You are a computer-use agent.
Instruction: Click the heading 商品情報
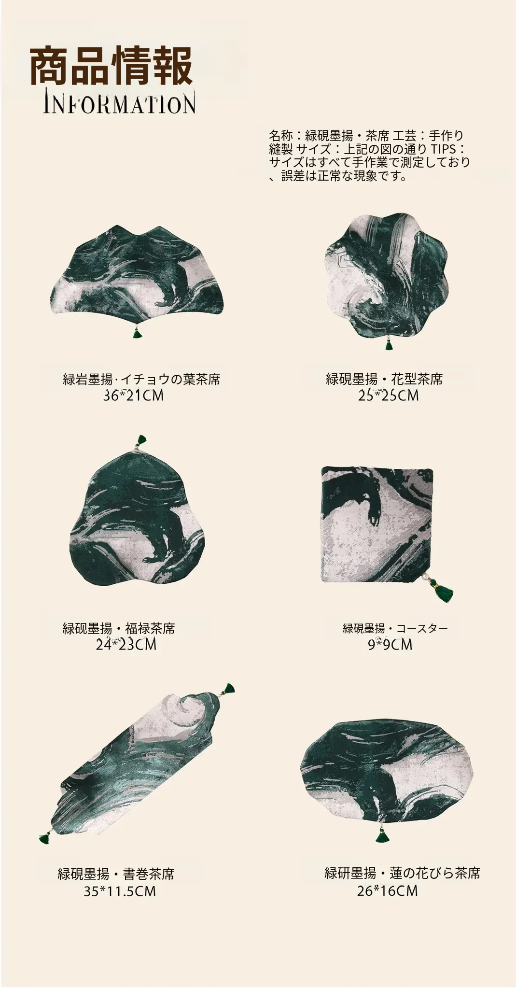(x=112, y=67)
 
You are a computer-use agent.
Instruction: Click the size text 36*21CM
(x=134, y=396)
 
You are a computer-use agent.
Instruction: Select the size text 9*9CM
(x=390, y=644)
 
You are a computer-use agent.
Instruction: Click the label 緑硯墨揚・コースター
(x=395, y=628)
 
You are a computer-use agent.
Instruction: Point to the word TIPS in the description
(x=443, y=149)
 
